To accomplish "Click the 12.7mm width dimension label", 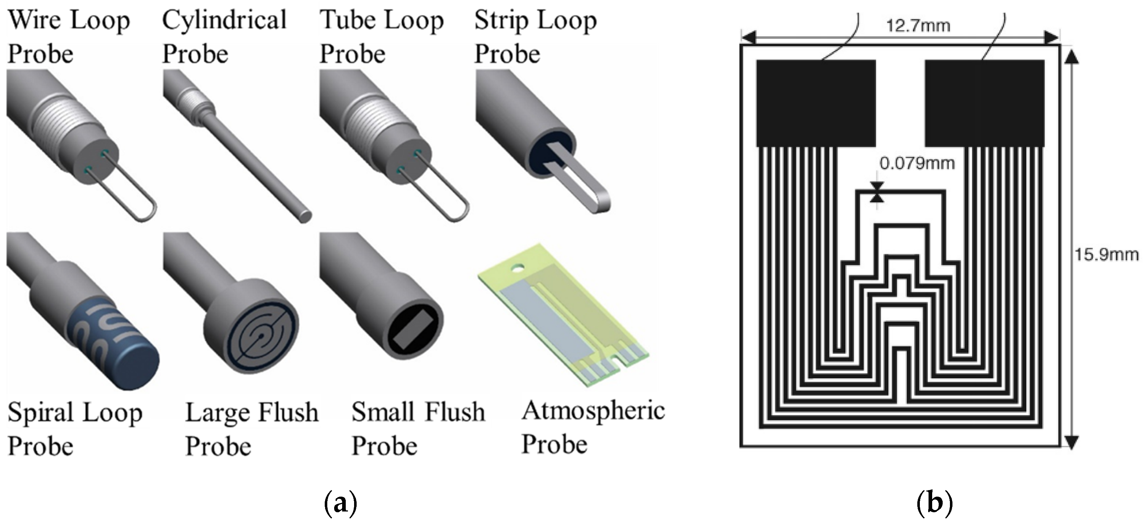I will point(918,26).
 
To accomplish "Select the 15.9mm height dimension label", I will point(1106,255).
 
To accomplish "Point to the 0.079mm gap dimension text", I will point(917,163).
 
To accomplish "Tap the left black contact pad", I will point(816,103).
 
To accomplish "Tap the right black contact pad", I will point(984,103).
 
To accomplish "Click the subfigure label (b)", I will point(935,503).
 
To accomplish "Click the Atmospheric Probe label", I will point(593,427).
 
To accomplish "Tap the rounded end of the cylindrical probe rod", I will point(305,217).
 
